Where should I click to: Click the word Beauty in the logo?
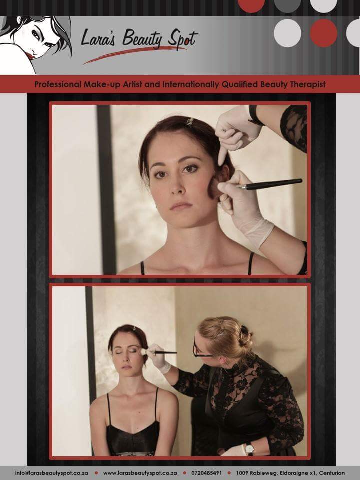pos(142,39)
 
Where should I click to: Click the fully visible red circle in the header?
pos(323,33)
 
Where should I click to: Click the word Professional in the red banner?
pos(58,84)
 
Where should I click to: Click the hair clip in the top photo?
pos(190,121)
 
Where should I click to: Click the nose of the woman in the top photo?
pos(178,187)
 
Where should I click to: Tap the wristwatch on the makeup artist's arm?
pos(250,449)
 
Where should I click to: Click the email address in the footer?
pos(51,473)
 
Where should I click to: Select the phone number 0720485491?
pos(207,473)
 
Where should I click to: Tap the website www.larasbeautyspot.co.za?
pos(140,473)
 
